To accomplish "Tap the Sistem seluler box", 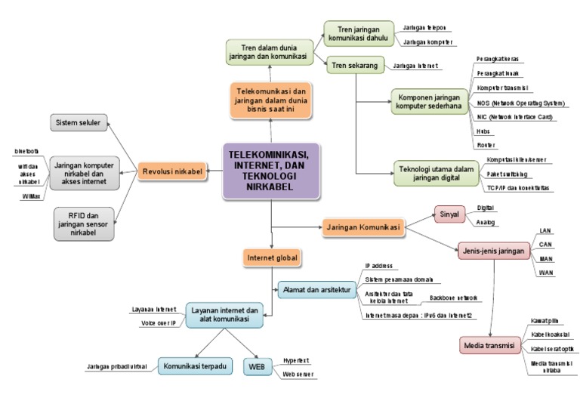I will click(79, 122).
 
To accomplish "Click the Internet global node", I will click(271, 258).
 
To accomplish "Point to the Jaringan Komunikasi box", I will click(362, 225).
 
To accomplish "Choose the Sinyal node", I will click(449, 214).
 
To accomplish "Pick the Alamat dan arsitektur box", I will click(315, 288).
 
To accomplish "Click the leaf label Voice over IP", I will click(158, 322).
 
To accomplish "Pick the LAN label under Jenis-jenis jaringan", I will click(545, 230).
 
